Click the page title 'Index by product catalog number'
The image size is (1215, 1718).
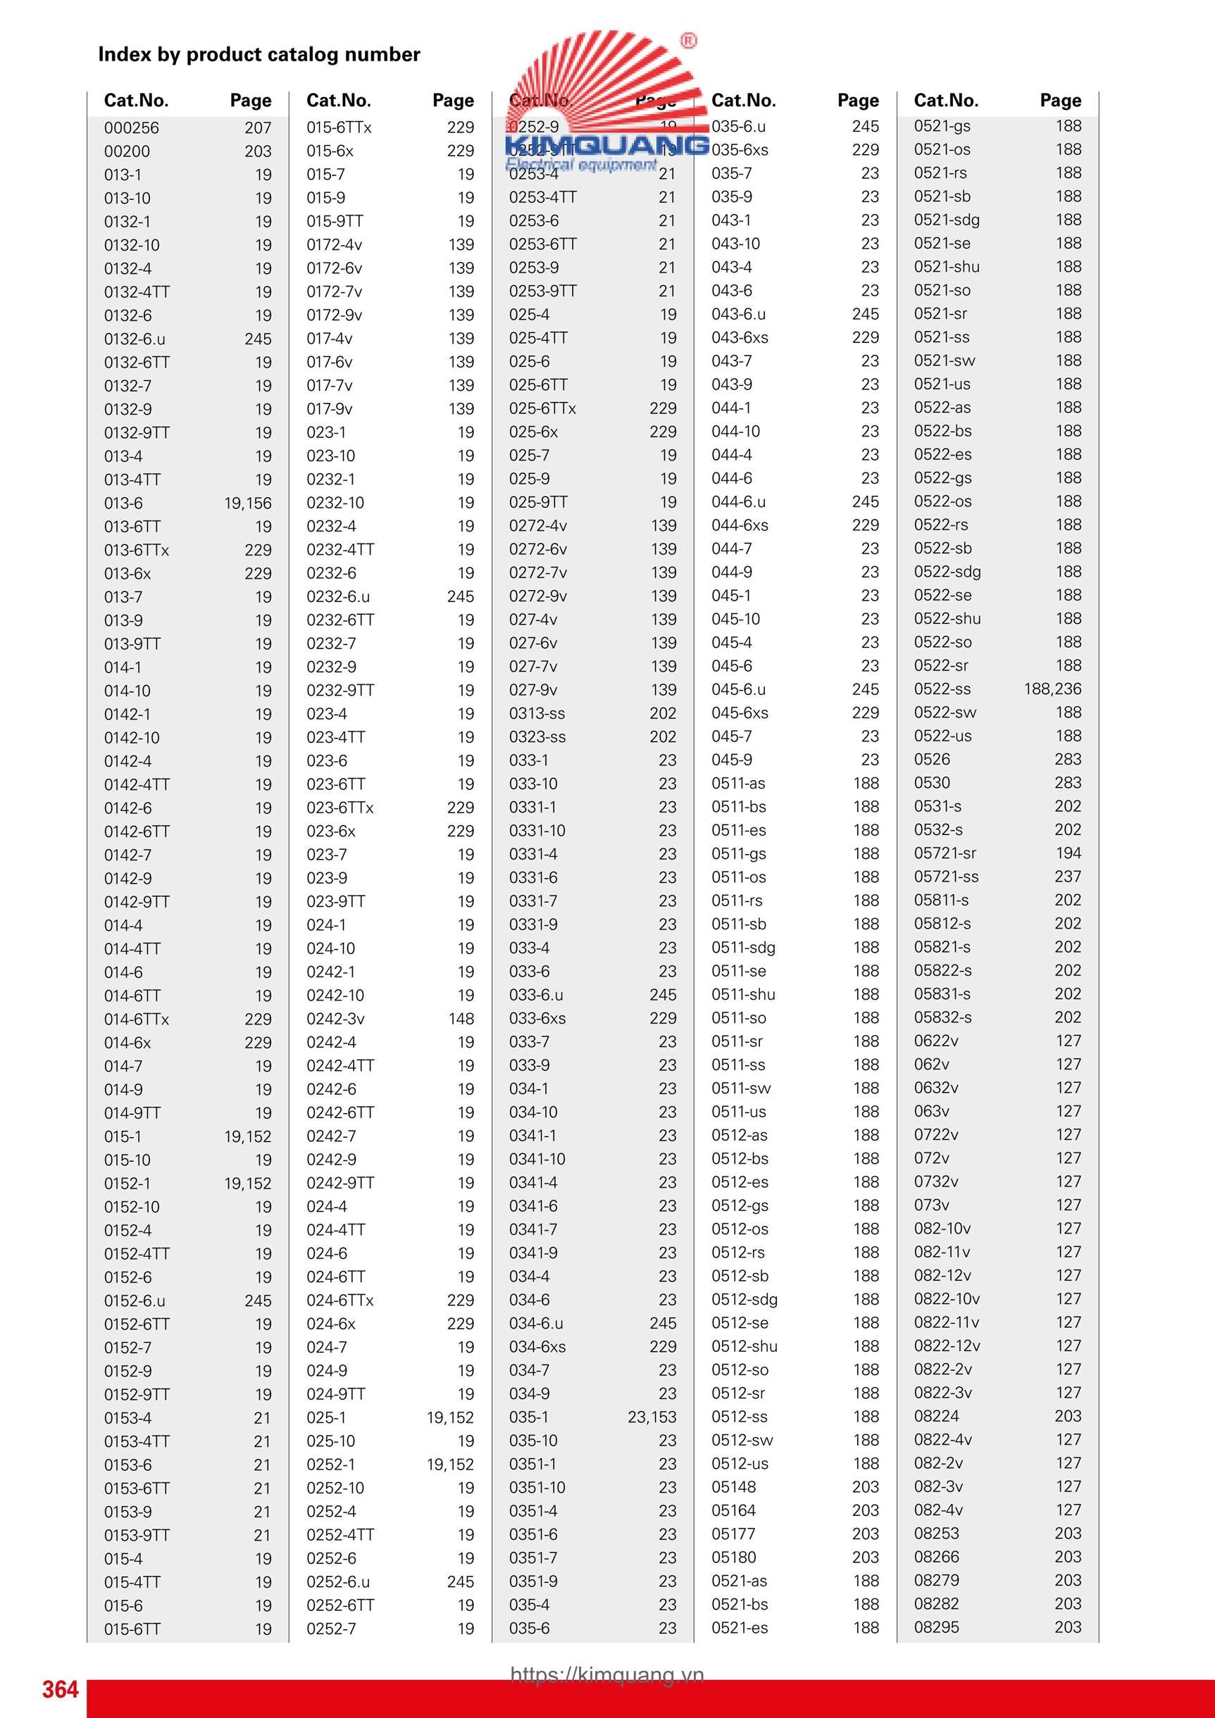[x=259, y=54]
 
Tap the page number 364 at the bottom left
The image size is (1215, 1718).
[x=60, y=1689]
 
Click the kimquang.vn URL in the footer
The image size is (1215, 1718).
[x=607, y=1674]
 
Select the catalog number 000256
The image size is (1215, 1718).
[x=132, y=128]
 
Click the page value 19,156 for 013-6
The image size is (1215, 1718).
[x=248, y=503]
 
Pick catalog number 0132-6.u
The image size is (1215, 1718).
[x=135, y=339]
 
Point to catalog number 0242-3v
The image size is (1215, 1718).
[x=335, y=1018]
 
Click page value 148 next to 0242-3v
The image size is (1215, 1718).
[x=461, y=1018]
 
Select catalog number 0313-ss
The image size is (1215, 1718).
[x=537, y=713]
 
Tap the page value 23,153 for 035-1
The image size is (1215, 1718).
[x=652, y=1417]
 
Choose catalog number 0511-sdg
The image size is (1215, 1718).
[x=743, y=947]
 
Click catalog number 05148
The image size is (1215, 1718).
[x=734, y=1487]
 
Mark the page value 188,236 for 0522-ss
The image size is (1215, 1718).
[x=1052, y=689]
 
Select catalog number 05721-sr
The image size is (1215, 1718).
[x=945, y=853]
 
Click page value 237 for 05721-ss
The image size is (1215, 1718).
[x=1068, y=876]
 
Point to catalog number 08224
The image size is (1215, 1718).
[x=937, y=1416]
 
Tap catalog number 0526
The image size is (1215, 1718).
[x=932, y=759]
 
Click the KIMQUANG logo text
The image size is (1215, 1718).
[x=607, y=144]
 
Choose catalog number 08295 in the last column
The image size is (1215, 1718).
[x=937, y=1626]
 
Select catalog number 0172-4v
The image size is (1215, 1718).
[x=334, y=245]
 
